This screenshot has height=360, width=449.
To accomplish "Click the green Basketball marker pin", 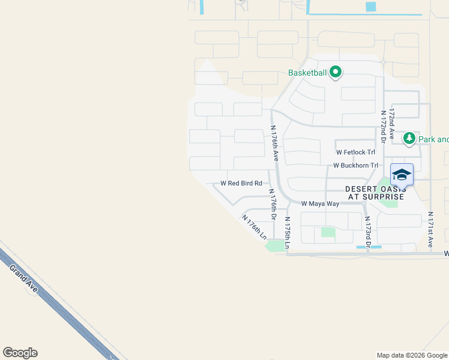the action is (336, 73).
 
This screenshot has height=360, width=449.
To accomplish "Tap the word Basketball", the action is (307, 73).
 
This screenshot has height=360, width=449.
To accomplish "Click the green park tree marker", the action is (409, 139).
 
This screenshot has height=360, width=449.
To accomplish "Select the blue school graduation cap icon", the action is (402, 175).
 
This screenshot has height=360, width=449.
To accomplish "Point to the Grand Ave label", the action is (23, 279).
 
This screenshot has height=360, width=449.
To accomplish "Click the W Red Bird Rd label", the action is (241, 183).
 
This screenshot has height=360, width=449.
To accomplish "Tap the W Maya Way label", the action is (320, 203).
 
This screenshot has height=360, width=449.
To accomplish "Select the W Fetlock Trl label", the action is (355, 152).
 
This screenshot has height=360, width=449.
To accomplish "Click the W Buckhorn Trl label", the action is (355, 165).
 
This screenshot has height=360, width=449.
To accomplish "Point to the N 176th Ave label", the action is (274, 143).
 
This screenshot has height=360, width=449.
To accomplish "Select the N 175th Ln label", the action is (288, 233).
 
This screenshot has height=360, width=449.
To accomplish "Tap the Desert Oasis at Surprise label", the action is (375, 193).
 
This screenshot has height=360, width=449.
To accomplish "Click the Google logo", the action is (20, 353).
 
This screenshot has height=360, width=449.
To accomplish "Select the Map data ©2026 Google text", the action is (412, 355).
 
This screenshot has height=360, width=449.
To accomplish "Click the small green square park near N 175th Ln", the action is (327, 232).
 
